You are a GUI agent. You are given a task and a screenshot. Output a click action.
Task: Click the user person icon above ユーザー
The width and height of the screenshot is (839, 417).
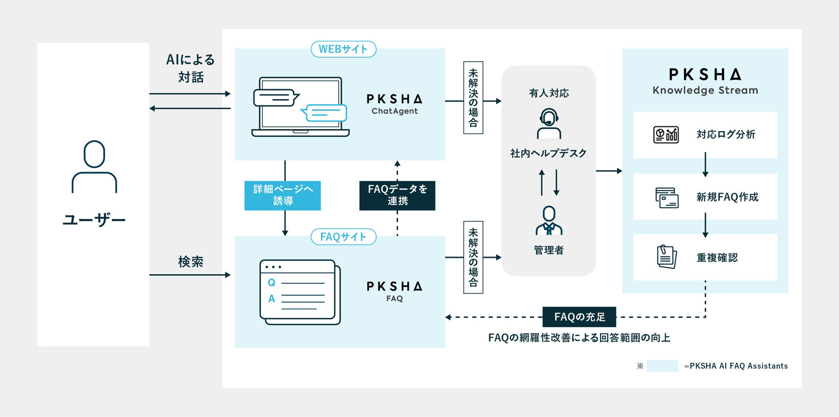[94, 167]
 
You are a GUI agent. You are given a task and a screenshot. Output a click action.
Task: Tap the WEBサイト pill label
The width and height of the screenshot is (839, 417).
[343, 49]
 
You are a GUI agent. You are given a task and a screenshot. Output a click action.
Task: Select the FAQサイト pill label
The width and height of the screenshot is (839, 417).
[343, 237]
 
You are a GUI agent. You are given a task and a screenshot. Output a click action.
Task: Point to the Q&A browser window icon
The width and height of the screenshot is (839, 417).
[300, 292]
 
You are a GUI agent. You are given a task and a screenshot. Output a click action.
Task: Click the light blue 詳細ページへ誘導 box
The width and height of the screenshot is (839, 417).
[283, 196]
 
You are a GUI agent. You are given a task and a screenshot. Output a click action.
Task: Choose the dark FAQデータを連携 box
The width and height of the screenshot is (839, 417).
[397, 196]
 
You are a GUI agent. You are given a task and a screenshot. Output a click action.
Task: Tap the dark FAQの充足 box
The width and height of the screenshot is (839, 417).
[579, 317]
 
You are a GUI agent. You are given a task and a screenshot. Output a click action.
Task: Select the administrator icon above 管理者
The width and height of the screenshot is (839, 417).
[549, 220]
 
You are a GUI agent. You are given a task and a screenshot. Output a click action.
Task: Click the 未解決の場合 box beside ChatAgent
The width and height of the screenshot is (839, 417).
[473, 98]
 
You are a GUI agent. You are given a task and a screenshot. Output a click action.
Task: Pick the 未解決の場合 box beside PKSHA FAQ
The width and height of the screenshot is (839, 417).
[473, 258]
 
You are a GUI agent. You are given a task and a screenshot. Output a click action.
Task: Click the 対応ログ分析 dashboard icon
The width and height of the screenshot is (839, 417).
[666, 134]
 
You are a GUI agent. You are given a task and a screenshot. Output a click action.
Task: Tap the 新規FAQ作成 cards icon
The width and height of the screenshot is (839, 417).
[667, 197]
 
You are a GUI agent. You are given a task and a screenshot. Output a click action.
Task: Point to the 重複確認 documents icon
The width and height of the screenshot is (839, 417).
[667, 256]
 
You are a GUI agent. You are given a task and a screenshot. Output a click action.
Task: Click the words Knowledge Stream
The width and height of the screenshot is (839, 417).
[705, 90]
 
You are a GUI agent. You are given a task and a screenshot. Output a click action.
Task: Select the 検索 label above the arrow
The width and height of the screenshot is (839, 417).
[191, 262]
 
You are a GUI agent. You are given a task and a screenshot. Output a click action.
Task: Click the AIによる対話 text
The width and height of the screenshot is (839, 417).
[191, 68]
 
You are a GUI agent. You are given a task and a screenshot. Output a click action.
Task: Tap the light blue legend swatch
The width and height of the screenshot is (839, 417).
[662, 366]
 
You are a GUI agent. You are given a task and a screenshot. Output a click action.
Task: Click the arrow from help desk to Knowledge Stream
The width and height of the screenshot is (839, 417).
[609, 171]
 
